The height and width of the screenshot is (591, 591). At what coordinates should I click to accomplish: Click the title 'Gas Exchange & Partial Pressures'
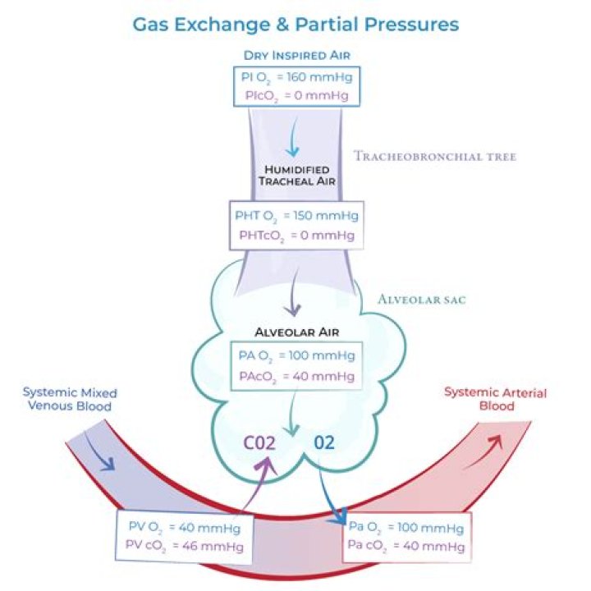coord(295,25)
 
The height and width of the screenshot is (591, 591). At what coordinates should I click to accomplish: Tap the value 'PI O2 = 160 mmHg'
coord(295,80)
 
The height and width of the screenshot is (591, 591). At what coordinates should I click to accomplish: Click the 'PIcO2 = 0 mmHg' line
coord(295,97)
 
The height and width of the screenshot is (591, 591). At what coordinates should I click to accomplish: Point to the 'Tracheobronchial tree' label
coord(435,156)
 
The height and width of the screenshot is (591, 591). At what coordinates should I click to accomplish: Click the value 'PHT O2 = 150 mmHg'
coord(295,216)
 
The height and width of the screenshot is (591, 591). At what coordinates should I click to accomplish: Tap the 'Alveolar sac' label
coord(421,300)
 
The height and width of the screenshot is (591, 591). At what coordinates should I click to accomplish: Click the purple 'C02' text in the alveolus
coord(264,443)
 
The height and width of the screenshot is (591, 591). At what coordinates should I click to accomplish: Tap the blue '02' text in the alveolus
coord(325,443)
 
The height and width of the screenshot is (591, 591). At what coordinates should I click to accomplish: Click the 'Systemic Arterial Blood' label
coord(495,399)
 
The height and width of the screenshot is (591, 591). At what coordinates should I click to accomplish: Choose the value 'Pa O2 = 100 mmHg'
coord(406,528)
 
